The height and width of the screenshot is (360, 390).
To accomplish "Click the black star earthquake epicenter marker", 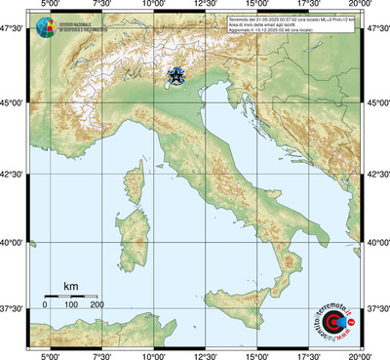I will (176, 76).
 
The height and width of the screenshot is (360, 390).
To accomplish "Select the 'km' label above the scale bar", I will (70, 286).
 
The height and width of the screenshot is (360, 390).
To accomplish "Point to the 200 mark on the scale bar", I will (97, 305).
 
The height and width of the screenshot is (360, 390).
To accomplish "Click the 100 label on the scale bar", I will (71, 305).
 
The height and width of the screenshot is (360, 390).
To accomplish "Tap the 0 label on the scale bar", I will (45, 305).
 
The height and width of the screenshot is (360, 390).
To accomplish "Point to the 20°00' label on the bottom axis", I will (361, 355).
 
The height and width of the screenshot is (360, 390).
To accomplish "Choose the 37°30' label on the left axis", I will (14, 308).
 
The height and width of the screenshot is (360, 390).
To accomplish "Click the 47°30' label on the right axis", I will (377, 30).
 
